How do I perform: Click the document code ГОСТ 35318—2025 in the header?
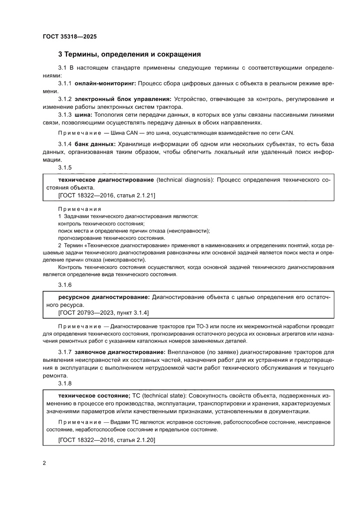click(70, 37)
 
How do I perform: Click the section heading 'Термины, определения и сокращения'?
click(132, 54)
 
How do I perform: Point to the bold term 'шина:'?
click(83, 115)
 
